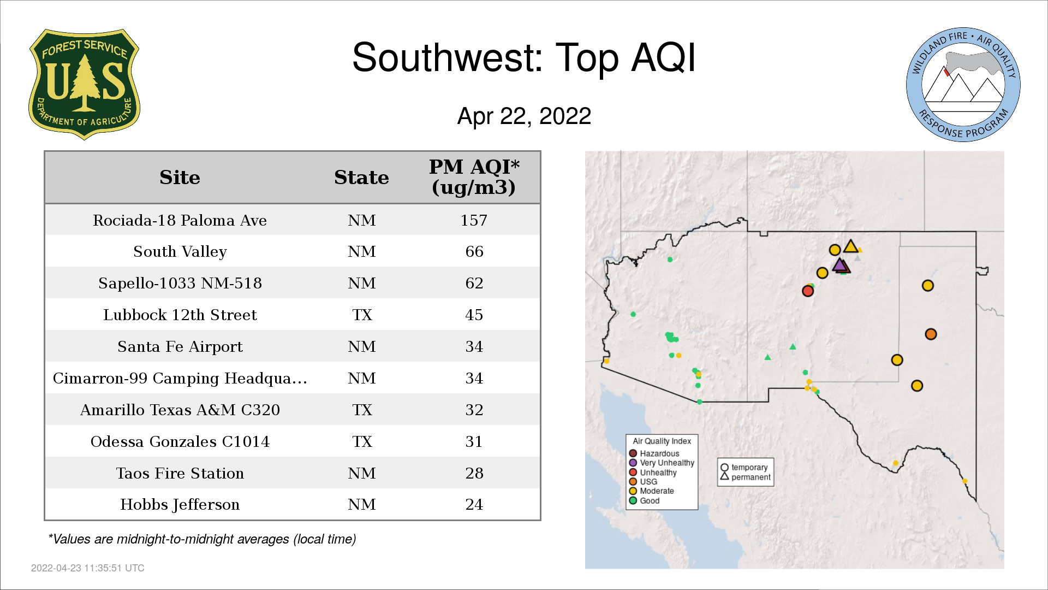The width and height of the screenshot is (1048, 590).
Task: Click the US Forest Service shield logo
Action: [x=84, y=84]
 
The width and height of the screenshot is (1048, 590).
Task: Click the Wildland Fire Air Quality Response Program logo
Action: [x=963, y=85]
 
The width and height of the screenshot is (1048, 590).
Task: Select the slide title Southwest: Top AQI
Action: [x=524, y=57]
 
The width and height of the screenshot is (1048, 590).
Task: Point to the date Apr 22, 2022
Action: [x=524, y=116]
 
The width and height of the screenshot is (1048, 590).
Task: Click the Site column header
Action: [x=180, y=178]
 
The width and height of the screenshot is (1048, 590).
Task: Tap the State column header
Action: [x=361, y=178]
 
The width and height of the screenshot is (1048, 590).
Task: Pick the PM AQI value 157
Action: [x=474, y=220]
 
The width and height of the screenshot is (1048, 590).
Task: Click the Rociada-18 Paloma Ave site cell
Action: [x=180, y=220]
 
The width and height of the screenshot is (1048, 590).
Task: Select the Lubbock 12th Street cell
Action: [x=180, y=315]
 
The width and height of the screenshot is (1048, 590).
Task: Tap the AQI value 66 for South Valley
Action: [x=474, y=251]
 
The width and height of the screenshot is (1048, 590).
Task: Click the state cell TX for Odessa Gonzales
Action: [x=362, y=441]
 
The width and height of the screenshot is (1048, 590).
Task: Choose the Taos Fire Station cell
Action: [x=180, y=473]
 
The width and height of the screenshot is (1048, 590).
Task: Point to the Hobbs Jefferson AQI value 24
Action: [x=474, y=504]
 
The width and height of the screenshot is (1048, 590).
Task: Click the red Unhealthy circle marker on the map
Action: [x=808, y=291]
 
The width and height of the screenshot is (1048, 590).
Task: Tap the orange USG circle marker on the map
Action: [x=931, y=334]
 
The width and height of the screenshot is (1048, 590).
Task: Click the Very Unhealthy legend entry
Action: [x=662, y=463]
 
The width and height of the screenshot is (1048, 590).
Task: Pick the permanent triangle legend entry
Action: [x=746, y=477]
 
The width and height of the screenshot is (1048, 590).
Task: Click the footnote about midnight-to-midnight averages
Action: [x=202, y=539]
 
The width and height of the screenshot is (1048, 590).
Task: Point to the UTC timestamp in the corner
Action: [x=87, y=568]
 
